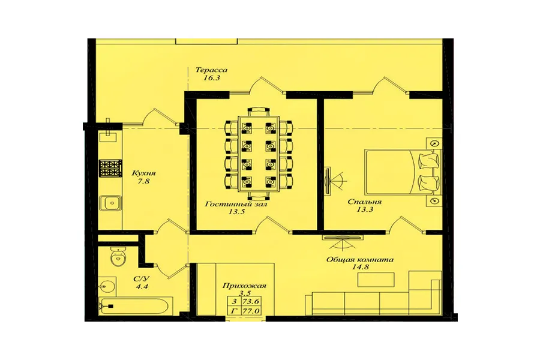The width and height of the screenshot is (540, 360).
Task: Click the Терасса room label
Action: point(211,70)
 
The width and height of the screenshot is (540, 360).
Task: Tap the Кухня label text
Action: point(143,173)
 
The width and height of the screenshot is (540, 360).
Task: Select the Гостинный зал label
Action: point(236,204)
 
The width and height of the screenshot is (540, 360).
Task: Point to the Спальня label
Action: point(364,202)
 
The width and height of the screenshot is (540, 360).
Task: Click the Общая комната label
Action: point(360,259)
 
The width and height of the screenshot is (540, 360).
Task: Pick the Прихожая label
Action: point(244,286)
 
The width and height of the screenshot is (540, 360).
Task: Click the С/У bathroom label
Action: point(142,278)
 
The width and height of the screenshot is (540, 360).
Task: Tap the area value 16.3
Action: point(211,78)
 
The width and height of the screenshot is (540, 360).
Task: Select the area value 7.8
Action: point(143,181)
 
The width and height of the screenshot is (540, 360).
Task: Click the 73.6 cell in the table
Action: point(251,301)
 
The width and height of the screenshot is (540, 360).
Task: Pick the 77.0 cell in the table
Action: point(251,311)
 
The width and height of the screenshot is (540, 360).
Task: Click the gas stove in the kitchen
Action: point(110,169)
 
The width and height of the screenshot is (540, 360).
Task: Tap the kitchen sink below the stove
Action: point(110,203)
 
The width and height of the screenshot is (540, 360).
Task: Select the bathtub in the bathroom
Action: point(136,305)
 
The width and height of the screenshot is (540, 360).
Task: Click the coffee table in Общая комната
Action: point(376,280)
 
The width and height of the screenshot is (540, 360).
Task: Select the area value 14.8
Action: point(361,267)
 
